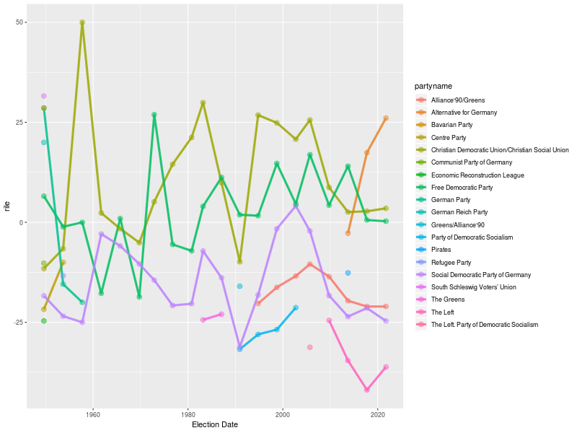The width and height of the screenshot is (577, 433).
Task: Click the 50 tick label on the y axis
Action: click(x=20, y=22)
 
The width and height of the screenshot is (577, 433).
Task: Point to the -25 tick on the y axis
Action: click(x=19, y=322)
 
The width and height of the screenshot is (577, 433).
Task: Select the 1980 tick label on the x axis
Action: click(x=188, y=415)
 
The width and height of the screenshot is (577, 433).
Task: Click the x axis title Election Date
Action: click(x=215, y=425)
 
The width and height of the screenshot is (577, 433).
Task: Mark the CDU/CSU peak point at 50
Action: click(x=82, y=22)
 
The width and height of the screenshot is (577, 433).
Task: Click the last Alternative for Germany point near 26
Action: click(x=386, y=118)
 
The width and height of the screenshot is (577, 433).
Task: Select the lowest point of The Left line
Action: click(x=367, y=390)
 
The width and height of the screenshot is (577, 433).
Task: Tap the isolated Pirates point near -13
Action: click(x=348, y=273)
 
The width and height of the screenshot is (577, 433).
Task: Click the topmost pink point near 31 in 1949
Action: click(x=44, y=96)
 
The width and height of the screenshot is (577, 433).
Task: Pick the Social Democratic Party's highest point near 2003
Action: click(x=296, y=206)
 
